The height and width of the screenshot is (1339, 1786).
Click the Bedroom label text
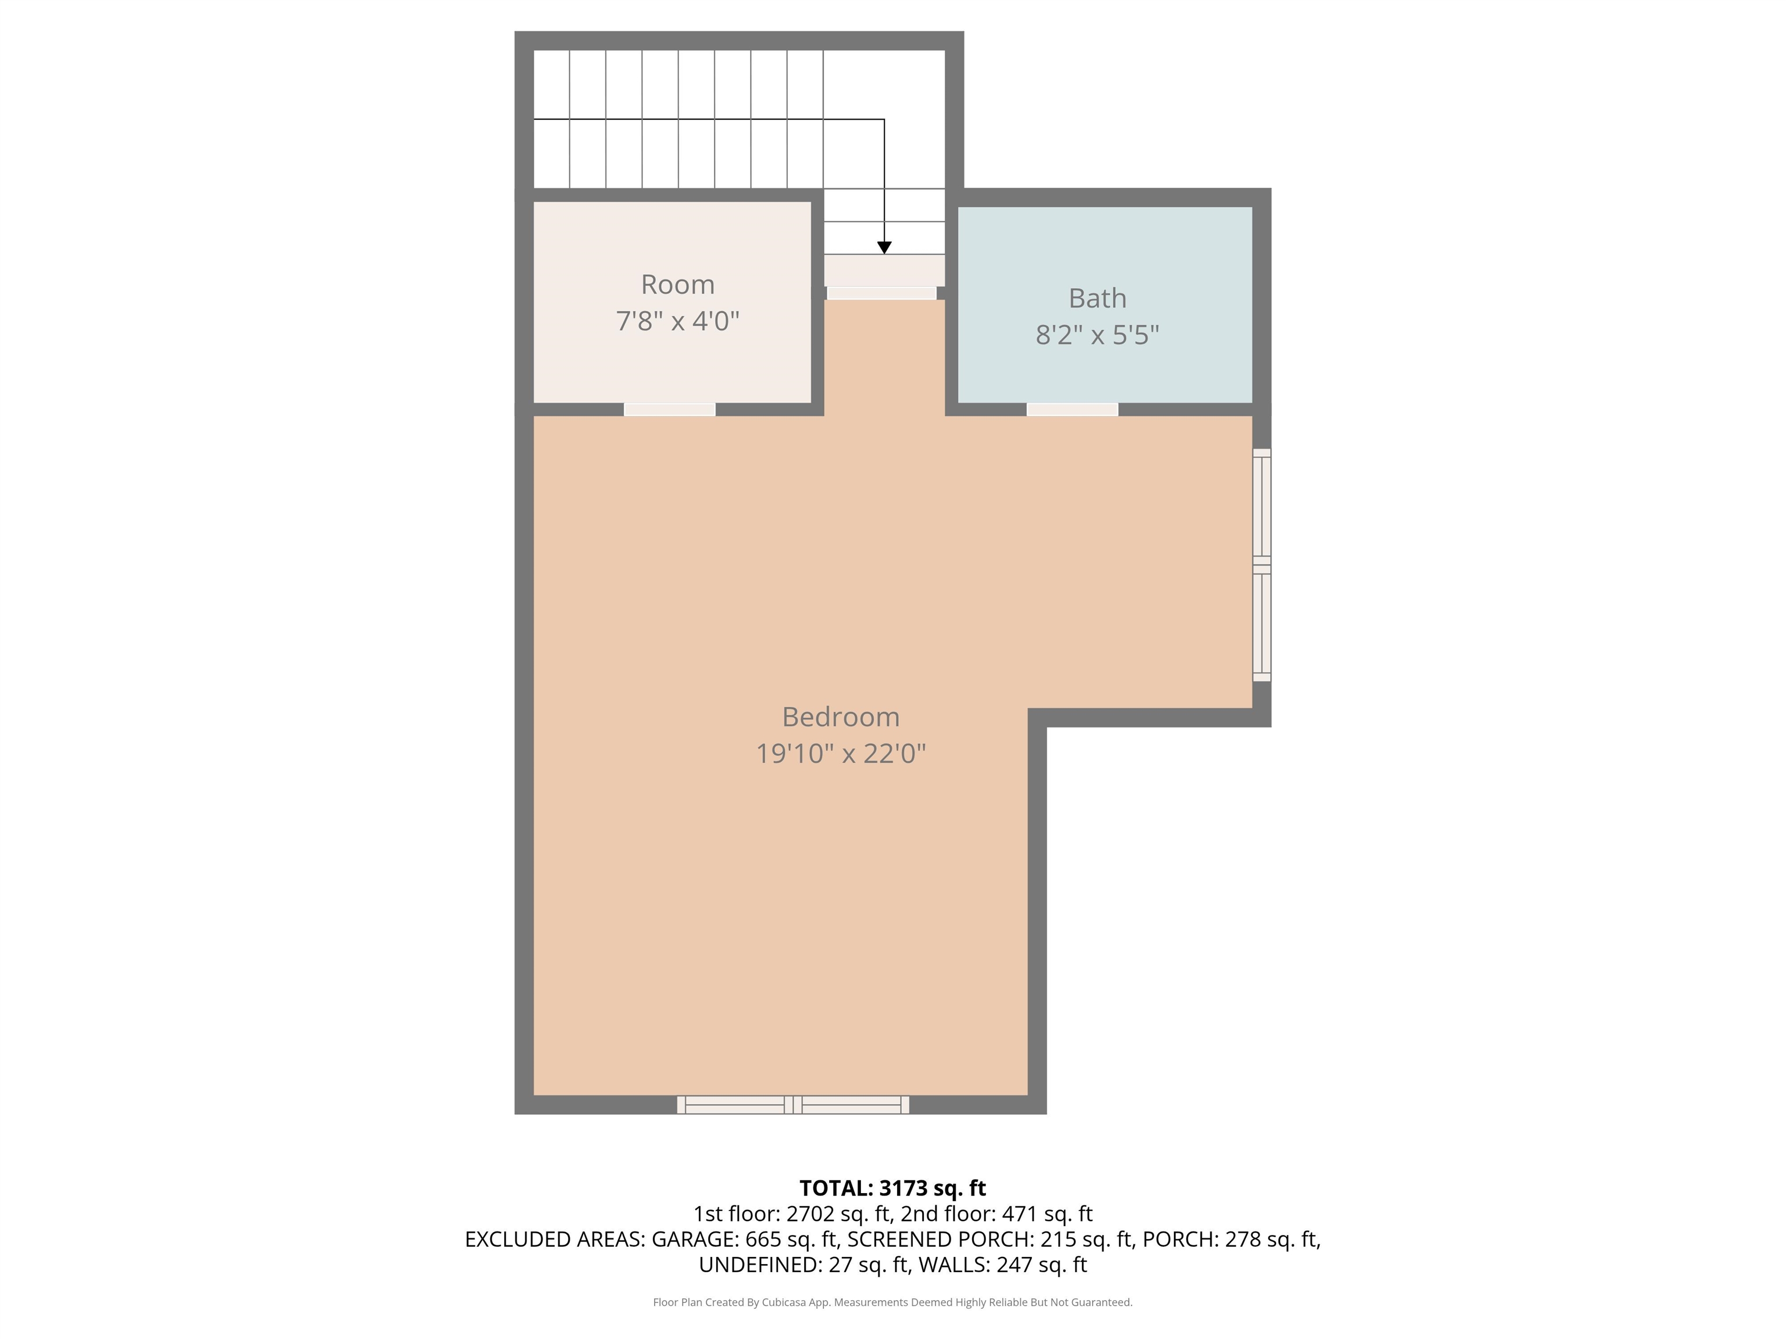tap(841, 717)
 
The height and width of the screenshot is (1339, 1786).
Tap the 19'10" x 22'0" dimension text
tap(841, 753)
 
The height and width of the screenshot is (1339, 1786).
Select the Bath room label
tap(1097, 298)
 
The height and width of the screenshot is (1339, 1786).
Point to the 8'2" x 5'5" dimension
tap(1097, 334)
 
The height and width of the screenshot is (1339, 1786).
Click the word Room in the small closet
tap(677, 284)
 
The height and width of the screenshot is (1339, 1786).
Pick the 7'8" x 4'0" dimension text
tap(677, 320)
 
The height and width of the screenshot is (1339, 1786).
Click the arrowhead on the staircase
tap(884, 248)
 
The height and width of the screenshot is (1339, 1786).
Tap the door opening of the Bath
tap(1072, 409)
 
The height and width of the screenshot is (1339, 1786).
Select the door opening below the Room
tap(669, 409)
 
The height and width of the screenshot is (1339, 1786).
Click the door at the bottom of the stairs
tap(882, 293)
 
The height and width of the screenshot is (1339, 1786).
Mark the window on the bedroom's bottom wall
tap(793, 1105)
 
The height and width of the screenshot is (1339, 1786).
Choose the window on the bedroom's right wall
tap(1261, 565)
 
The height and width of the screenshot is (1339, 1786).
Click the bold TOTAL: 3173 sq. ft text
tap(892, 1188)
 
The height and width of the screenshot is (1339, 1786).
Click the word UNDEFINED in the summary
tap(760, 1265)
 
